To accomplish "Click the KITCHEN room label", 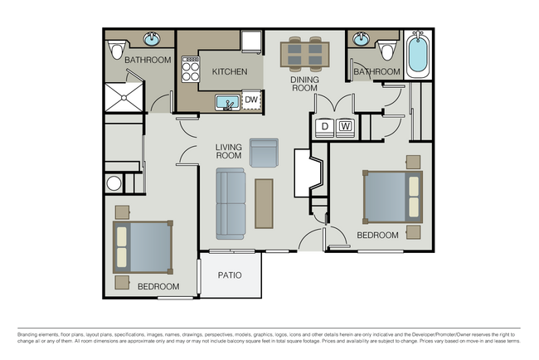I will click(x=229, y=72).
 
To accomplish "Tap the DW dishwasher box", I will click(x=250, y=102).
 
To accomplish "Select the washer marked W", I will click(x=346, y=127).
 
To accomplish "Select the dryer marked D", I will click(x=324, y=127).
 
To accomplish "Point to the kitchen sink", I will click(x=226, y=103).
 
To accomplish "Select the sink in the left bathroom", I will click(x=153, y=39).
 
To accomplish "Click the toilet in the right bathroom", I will click(x=386, y=50).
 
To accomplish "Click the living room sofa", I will click(x=231, y=203).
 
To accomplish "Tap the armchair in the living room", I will click(x=264, y=153).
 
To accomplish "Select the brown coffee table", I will click(x=264, y=203).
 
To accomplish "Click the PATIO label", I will click(x=230, y=275).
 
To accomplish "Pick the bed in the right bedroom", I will click(x=392, y=197).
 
